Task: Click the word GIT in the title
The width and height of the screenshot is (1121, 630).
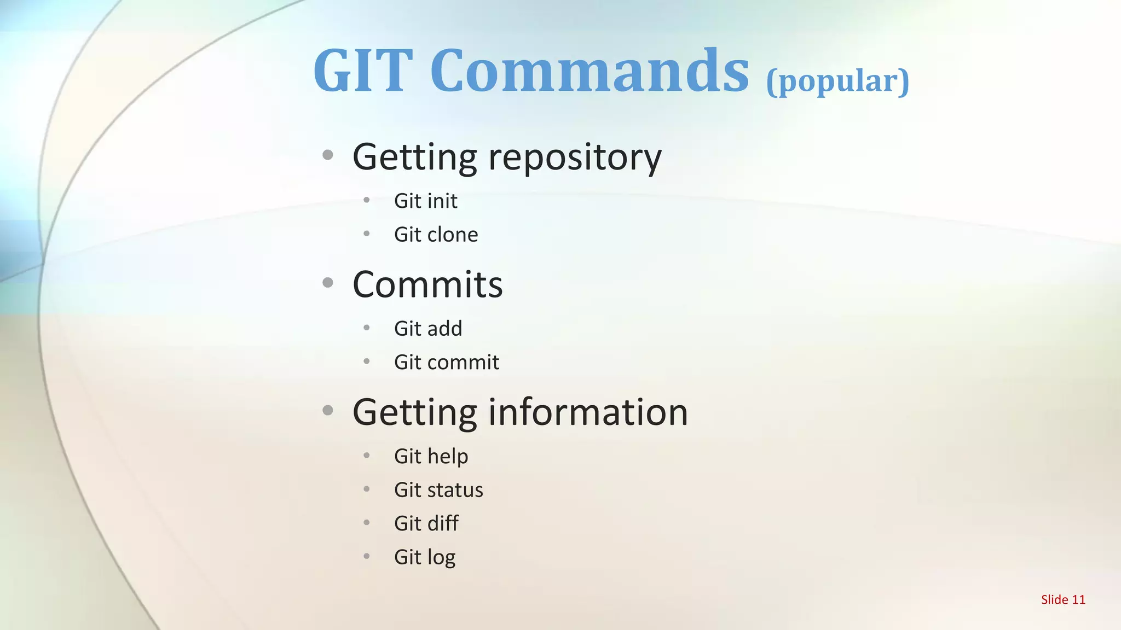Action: pos(362,71)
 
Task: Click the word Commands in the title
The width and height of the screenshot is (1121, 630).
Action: pos(589,71)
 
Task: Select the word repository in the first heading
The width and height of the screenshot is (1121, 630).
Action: pos(574,157)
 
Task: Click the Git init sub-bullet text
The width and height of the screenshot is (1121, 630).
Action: pos(425,201)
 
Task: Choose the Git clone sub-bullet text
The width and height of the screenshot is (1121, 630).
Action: pos(436,235)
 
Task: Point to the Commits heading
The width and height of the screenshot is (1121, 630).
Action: pos(427,284)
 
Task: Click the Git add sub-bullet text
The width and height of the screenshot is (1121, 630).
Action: pos(428,329)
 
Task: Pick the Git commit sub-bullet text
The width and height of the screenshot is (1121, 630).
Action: pos(447,363)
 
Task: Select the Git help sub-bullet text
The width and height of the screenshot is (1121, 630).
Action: pos(431,457)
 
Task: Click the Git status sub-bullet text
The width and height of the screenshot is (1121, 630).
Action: pos(438,490)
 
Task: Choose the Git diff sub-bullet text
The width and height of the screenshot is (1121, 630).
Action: pos(426,523)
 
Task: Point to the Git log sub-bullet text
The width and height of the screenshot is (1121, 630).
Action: pos(425,557)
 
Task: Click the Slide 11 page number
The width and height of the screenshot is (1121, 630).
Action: pos(1063,600)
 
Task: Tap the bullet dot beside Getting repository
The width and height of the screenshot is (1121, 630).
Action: pos(328,155)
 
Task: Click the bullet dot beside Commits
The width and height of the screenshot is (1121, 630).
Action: pos(328,283)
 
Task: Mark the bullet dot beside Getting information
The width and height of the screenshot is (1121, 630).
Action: pos(328,410)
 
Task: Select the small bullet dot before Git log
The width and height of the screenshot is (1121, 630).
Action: pos(367,556)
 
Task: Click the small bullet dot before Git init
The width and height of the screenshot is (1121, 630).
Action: pos(367,200)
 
